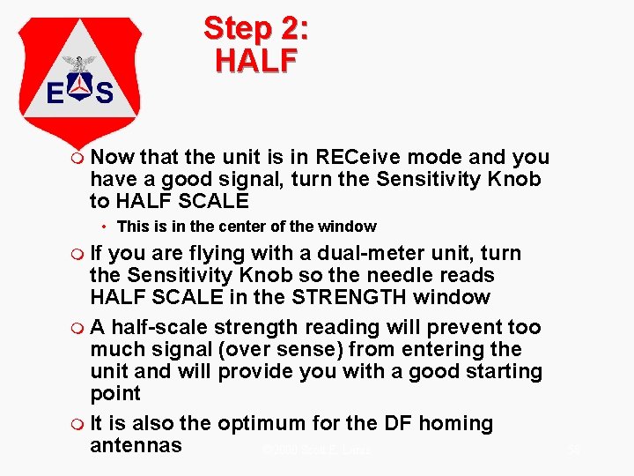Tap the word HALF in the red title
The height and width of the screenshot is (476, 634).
[x=256, y=60]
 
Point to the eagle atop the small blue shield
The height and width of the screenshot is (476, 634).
[x=80, y=63]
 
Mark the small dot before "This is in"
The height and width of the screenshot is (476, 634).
[x=103, y=227]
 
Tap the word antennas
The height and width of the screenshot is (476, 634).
[x=136, y=445]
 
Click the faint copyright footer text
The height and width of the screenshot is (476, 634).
[x=317, y=450]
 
